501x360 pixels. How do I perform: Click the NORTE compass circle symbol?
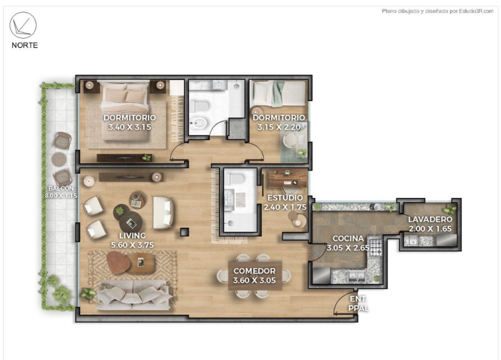[x=23, y=25]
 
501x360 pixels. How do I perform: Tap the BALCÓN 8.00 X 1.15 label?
[x=61, y=192]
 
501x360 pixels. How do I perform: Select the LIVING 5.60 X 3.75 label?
[x=132, y=240]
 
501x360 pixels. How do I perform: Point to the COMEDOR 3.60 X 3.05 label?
[x=254, y=275]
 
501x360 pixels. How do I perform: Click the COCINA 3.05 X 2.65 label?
[x=348, y=243]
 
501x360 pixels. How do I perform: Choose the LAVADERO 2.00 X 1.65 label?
[x=430, y=224]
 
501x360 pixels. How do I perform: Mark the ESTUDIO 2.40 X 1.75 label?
[x=285, y=202]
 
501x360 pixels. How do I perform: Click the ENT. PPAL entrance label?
[x=358, y=304]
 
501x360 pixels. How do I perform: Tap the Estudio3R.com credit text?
[x=438, y=11]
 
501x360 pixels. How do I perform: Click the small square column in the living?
[x=184, y=232]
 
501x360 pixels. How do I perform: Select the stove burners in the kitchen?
[x=376, y=247]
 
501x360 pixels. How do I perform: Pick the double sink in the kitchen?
[x=357, y=276]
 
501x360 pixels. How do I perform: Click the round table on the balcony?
[x=59, y=159]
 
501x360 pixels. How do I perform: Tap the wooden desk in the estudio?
[x=287, y=178]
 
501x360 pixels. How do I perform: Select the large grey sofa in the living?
[x=134, y=295]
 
